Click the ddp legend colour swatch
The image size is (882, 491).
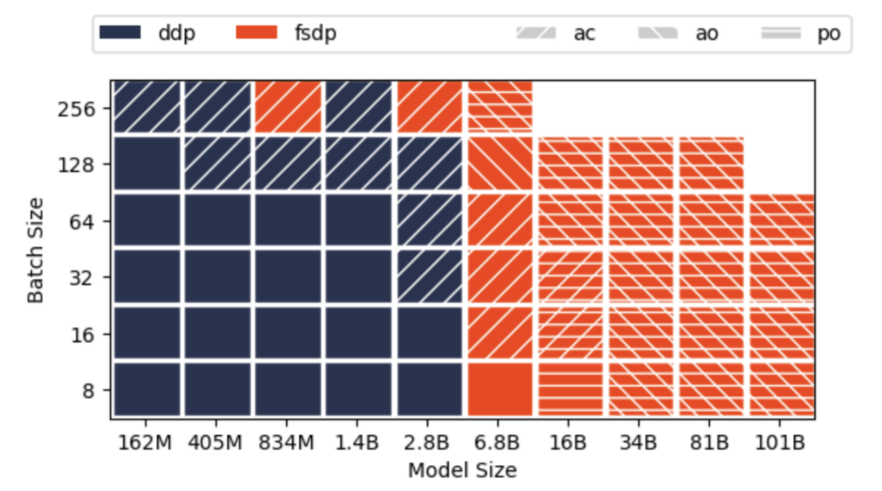(x=119, y=34)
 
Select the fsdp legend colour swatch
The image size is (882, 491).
(x=257, y=34)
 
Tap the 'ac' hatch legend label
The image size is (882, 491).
(x=585, y=34)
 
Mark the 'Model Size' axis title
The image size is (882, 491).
(x=463, y=470)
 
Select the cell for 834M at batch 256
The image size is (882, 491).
(x=288, y=107)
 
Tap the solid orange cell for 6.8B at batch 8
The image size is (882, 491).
(x=499, y=388)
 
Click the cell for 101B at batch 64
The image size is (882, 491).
(x=782, y=221)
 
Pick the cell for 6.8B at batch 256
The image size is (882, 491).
(x=499, y=107)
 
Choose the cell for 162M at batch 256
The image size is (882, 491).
(x=146, y=107)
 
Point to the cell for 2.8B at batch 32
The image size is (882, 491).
(x=429, y=277)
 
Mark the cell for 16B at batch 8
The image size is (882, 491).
(x=570, y=388)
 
